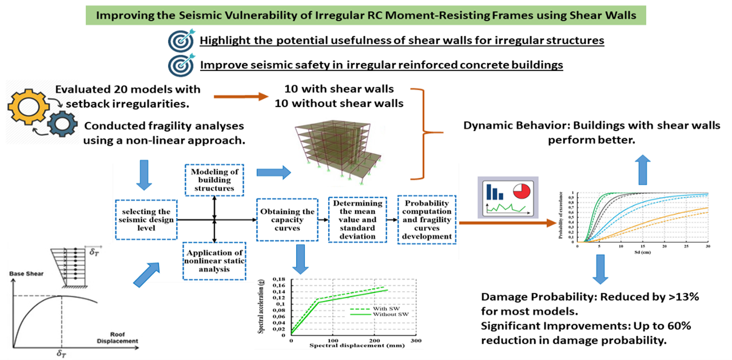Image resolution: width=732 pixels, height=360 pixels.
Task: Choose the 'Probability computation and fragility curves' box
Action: point(427,220)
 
